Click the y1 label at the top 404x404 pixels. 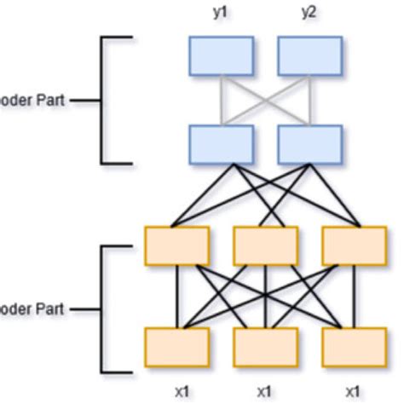pos(221,14)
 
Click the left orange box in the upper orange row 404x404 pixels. pos(176,245)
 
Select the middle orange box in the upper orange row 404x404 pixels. pos(265,245)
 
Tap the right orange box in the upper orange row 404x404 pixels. pos(354,245)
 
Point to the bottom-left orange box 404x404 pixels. pos(176,346)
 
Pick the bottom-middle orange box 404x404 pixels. pos(265,346)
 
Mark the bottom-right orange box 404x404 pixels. pos(354,346)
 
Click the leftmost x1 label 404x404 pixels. pos(181,393)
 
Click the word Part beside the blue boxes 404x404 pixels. pos(49,100)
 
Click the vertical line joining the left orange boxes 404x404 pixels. pos(176,296)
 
